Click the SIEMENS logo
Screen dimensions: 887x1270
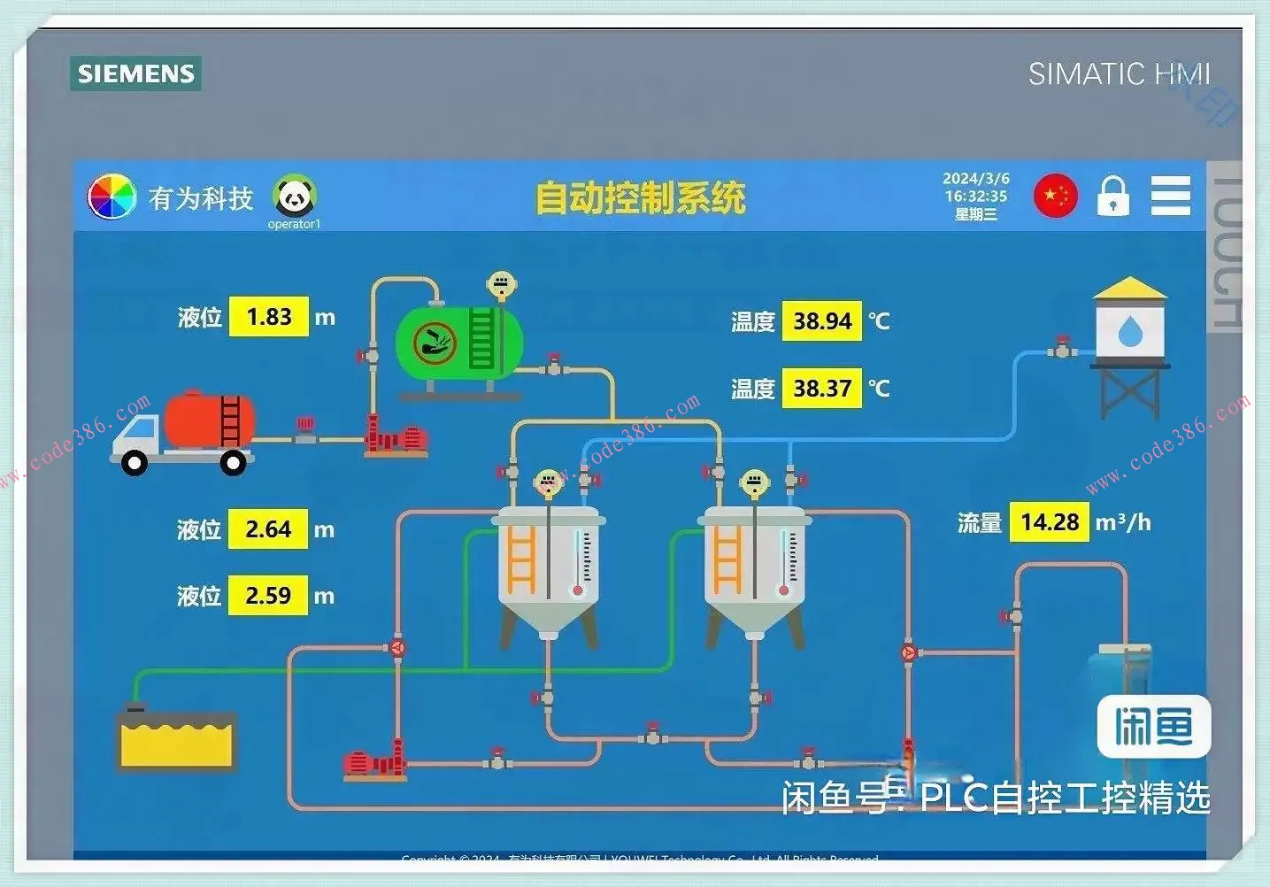point(135,73)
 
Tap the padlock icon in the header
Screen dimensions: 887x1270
point(1112,196)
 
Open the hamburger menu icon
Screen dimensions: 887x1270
point(1170,196)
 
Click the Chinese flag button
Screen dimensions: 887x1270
point(1055,196)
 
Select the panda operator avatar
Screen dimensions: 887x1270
point(294,197)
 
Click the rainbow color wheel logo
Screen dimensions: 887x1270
point(112,197)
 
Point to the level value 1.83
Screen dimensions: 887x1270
point(269,317)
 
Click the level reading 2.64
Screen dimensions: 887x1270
point(268,529)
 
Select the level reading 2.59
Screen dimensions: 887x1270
point(268,595)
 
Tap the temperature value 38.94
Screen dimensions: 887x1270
point(821,320)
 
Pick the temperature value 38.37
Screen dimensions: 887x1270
point(821,388)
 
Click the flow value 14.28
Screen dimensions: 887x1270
point(1050,522)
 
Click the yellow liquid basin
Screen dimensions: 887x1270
point(177,740)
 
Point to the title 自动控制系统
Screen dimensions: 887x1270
point(641,197)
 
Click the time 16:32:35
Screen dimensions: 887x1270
point(975,196)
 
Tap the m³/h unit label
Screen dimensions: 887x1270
point(1123,522)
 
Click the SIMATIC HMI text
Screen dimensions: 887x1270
point(1119,73)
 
